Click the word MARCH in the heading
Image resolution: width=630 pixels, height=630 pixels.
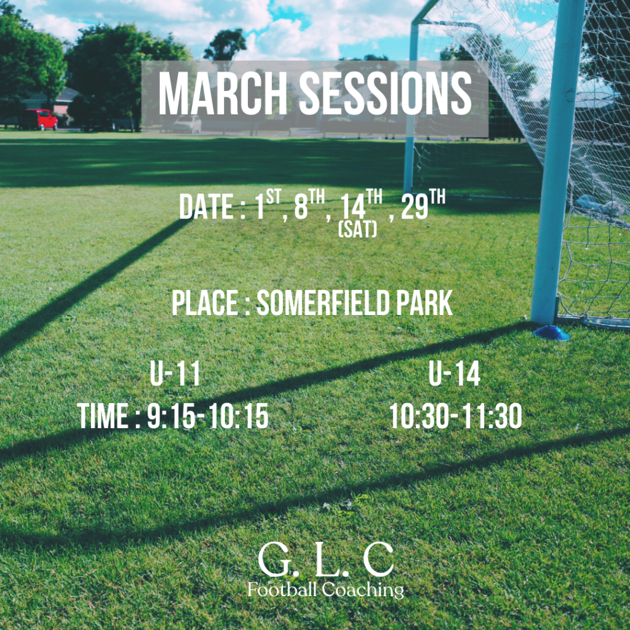click(223, 94)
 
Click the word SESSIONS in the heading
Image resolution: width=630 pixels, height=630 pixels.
click(385, 94)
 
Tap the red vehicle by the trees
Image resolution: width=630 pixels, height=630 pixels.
click(39, 119)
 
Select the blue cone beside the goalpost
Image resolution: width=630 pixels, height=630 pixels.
click(551, 333)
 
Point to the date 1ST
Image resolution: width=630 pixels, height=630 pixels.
click(268, 204)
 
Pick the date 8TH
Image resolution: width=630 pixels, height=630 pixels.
click(309, 204)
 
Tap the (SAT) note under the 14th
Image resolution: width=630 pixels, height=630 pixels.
click(358, 230)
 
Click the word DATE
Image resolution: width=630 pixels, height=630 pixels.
click(207, 207)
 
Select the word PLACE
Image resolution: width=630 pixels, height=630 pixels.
click(205, 303)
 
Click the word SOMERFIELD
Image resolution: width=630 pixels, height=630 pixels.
click(323, 303)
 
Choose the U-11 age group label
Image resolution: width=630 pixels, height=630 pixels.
click(175, 373)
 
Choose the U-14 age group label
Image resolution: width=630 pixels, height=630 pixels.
click(454, 373)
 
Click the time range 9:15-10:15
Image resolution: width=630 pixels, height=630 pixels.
click(207, 416)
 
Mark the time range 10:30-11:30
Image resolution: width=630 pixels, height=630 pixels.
click(456, 416)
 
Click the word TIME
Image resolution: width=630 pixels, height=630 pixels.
click(103, 416)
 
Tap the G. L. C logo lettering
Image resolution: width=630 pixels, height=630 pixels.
click(325, 560)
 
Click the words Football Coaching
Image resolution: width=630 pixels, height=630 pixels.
click(326, 590)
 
